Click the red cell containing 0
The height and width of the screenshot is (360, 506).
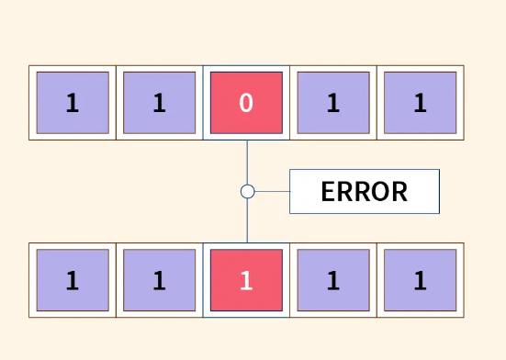[x=246, y=103]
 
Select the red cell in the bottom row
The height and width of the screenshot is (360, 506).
[x=246, y=280]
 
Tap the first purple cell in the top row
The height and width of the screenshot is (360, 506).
[x=73, y=103]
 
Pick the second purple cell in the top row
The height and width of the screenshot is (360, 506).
[x=159, y=103]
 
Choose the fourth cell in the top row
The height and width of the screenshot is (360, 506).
[x=332, y=103]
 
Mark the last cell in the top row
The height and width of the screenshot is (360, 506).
[x=420, y=103]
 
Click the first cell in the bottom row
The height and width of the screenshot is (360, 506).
[x=73, y=280]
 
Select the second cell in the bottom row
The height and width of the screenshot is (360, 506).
[x=159, y=280]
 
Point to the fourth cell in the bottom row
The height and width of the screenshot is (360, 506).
[x=332, y=280]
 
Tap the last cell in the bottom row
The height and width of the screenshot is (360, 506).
[x=420, y=280]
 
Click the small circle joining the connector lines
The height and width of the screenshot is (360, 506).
[x=247, y=191]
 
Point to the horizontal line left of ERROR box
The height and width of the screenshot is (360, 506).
[x=272, y=191]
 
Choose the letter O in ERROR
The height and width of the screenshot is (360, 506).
[x=378, y=192]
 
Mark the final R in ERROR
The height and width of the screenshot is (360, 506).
[x=398, y=192]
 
